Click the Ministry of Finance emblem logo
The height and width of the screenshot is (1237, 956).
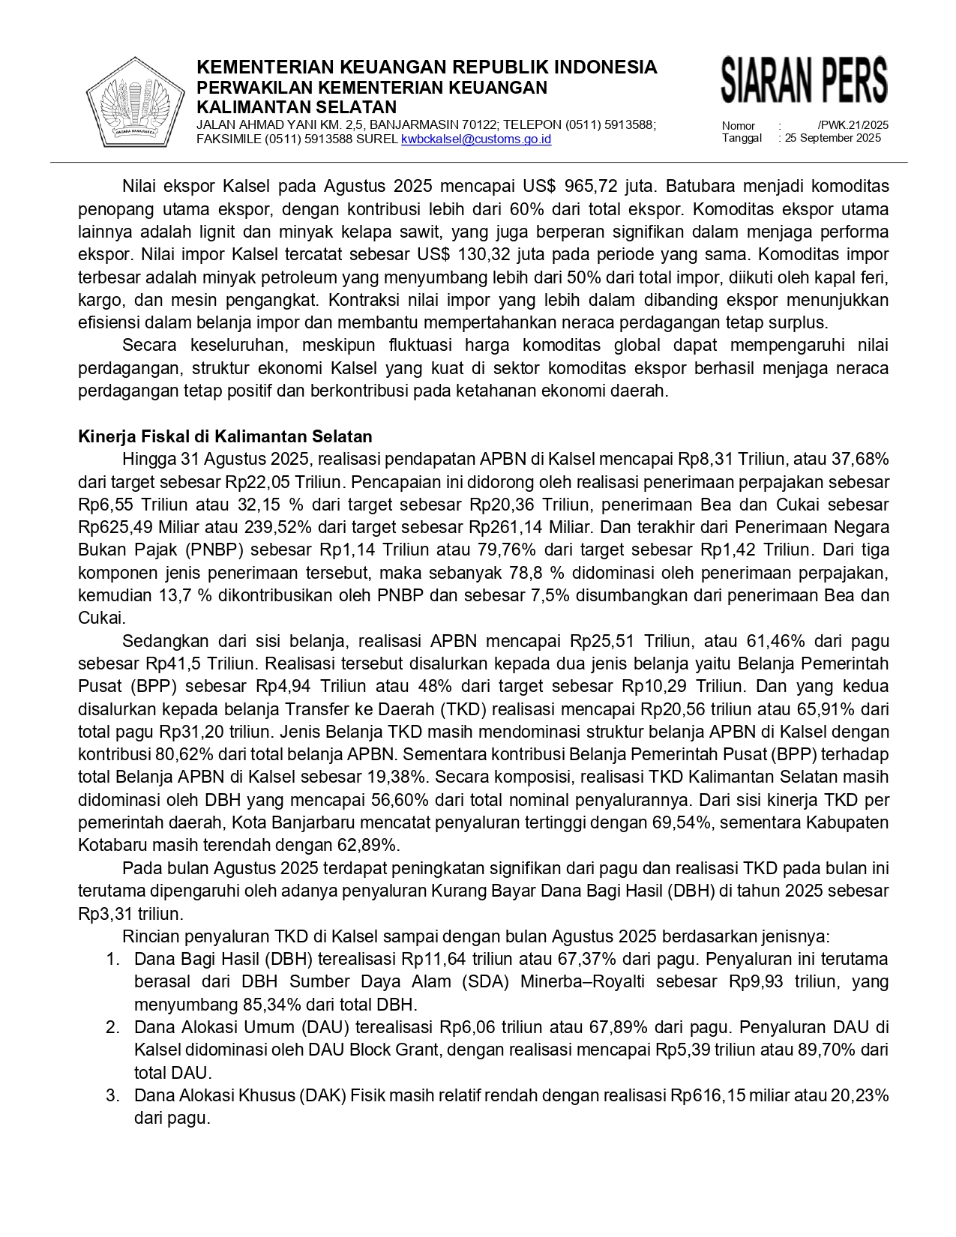click(135, 103)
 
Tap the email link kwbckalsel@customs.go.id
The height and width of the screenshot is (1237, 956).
click(476, 139)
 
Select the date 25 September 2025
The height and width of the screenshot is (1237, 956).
click(833, 138)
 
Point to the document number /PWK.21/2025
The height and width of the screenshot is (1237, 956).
click(853, 125)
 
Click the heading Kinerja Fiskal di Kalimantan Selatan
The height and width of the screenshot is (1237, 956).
click(225, 436)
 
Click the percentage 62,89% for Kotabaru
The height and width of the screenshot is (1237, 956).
click(370, 845)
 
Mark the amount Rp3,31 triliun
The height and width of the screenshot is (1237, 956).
click(130, 914)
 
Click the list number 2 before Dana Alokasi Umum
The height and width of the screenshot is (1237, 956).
click(112, 1027)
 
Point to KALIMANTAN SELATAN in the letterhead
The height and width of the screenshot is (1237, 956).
click(296, 107)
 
